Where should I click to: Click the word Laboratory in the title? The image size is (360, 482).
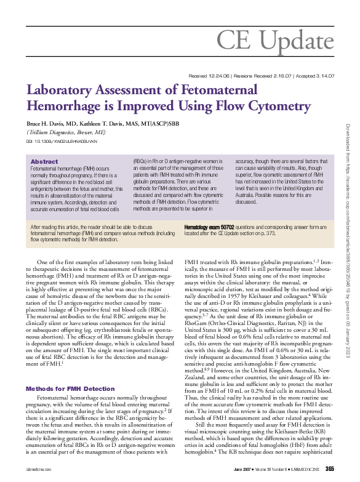tap(61, 89)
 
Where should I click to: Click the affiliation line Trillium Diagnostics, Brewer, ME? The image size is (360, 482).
tap(66, 132)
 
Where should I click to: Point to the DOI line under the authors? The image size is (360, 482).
tap(62, 141)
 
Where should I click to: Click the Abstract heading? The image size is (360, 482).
tap(44, 161)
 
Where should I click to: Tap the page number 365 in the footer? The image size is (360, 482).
tap(329, 470)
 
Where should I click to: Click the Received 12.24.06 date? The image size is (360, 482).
tap(207, 76)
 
